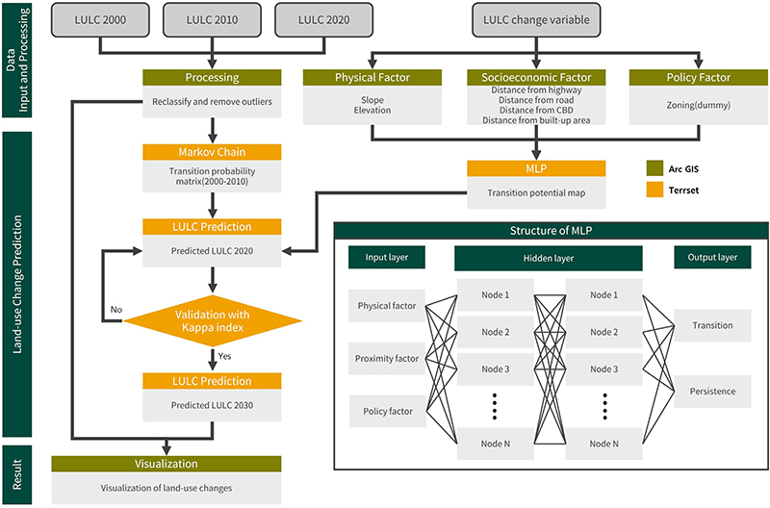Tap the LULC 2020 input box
324,20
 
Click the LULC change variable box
537,20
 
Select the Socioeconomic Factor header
537,77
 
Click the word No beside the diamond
115,310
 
